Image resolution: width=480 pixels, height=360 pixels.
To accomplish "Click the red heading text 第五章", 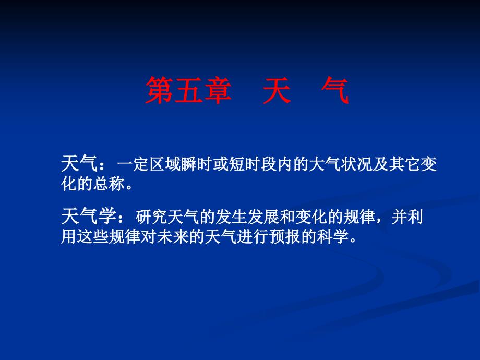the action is pos(188,90).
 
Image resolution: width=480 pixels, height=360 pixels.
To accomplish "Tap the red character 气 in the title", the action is pos(335,90).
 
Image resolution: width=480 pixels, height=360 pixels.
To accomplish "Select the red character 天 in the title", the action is pos(277,90).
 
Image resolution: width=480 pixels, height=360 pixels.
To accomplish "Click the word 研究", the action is pos(151,217).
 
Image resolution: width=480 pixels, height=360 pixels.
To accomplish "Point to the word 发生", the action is pos(231,217).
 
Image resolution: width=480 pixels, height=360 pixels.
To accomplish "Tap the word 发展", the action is pos(263,217).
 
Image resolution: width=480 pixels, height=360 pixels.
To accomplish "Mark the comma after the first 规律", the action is pos(379,222).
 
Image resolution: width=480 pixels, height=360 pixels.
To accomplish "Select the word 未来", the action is pos(173,237).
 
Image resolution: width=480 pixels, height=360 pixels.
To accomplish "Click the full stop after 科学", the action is pos(353,241).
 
